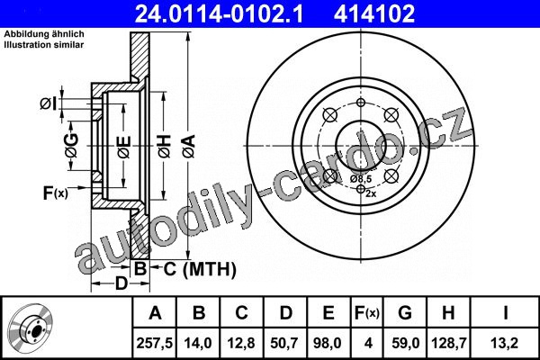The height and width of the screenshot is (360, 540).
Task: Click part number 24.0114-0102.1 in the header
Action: [219, 13]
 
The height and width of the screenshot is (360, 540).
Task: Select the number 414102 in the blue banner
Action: [374, 13]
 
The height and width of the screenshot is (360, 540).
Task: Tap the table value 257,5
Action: [155, 343]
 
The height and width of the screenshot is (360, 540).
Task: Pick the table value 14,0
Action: [198, 343]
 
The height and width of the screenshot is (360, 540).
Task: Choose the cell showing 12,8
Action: [241, 343]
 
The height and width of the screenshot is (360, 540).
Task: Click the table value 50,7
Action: [284, 343]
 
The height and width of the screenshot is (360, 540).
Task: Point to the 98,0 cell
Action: [328, 343]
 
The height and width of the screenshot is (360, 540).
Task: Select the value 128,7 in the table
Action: [449, 343]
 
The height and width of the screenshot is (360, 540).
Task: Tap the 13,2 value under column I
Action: [504, 343]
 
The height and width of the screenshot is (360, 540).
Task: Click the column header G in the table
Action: [405, 313]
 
